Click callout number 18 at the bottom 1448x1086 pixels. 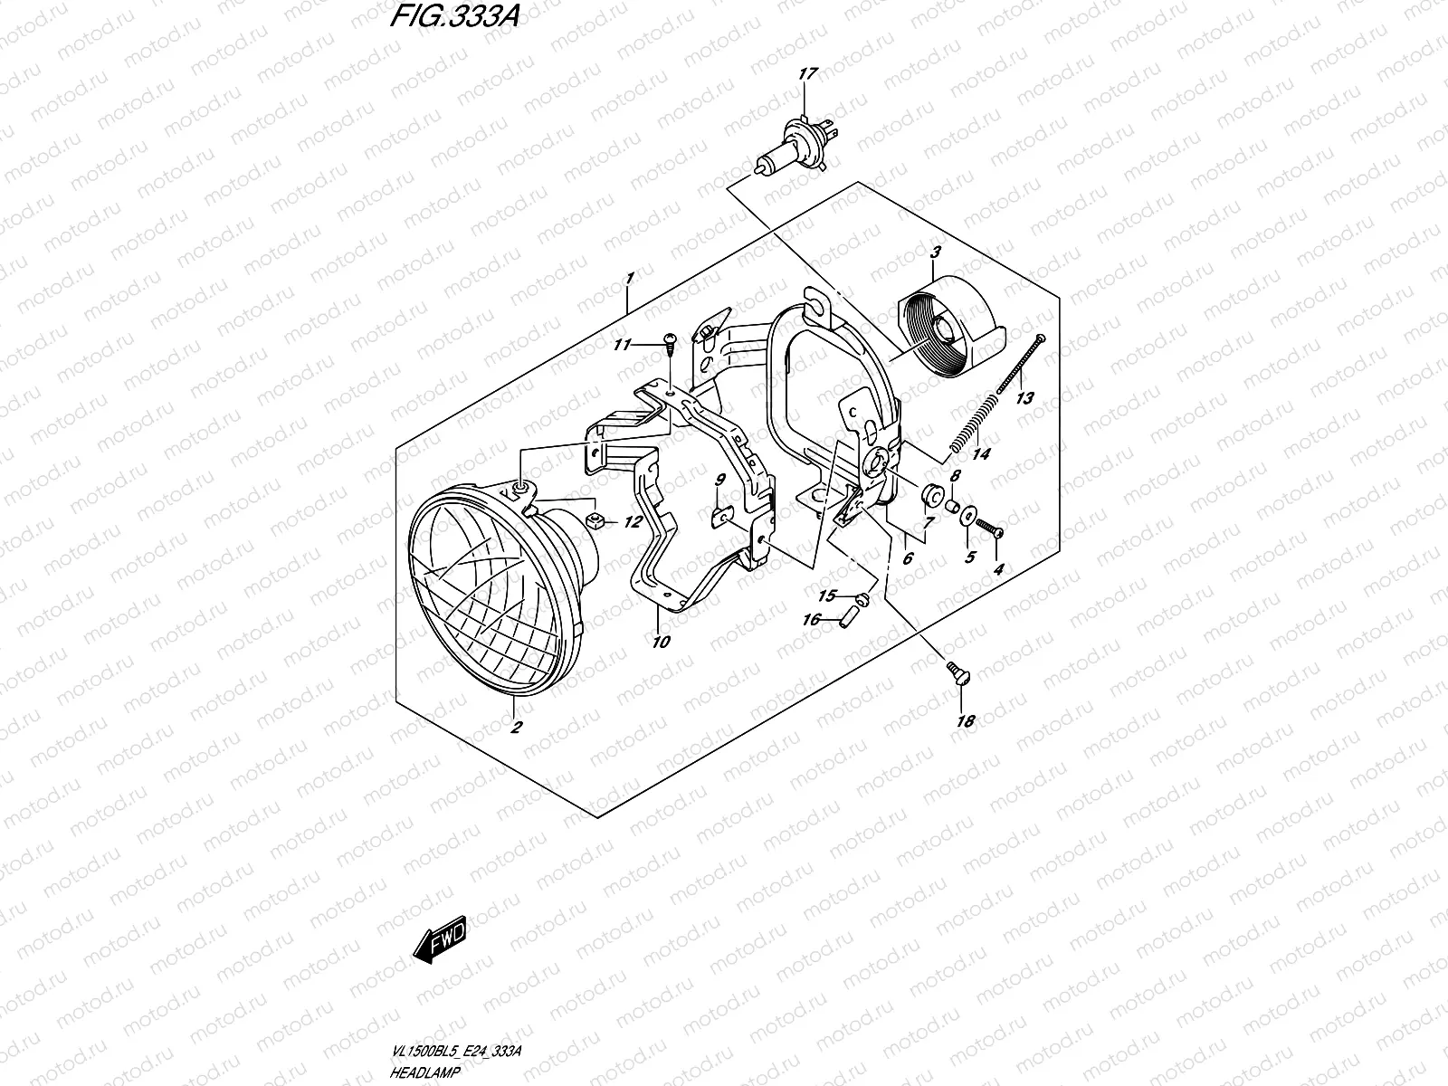[x=966, y=721]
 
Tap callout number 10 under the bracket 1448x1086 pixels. [x=661, y=642]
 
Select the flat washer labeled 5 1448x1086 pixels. [x=969, y=516]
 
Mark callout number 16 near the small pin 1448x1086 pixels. [x=811, y=619]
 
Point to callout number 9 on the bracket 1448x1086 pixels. [x=720, y=479]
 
